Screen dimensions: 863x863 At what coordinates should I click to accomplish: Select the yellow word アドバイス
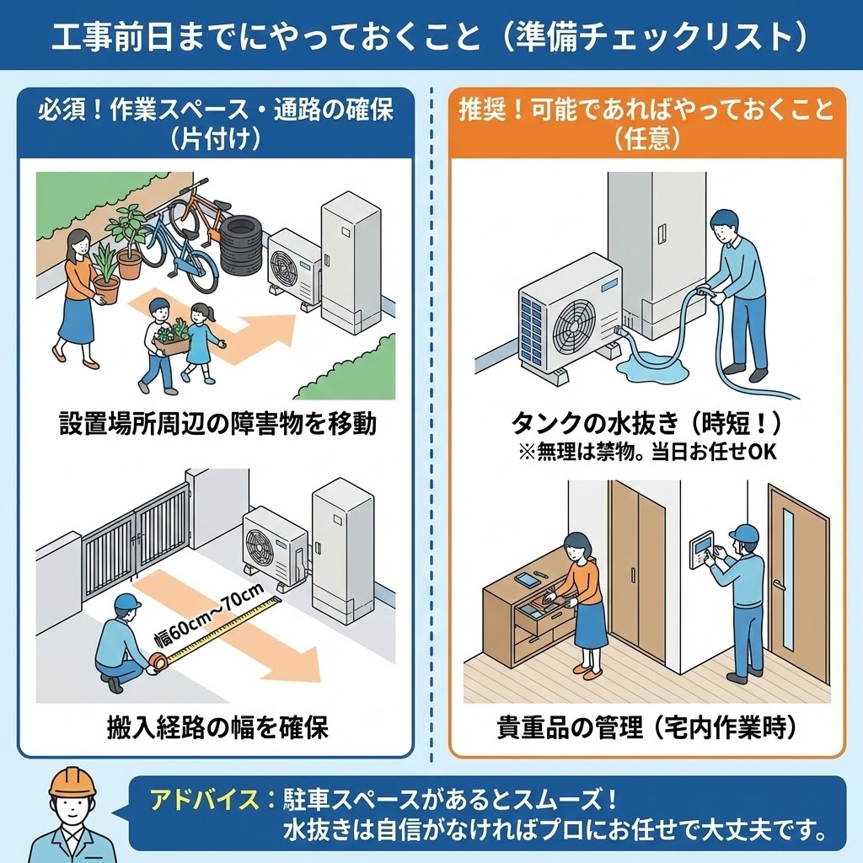point(203,797)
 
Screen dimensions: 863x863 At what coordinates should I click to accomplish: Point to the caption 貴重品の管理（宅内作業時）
point(646,726)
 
